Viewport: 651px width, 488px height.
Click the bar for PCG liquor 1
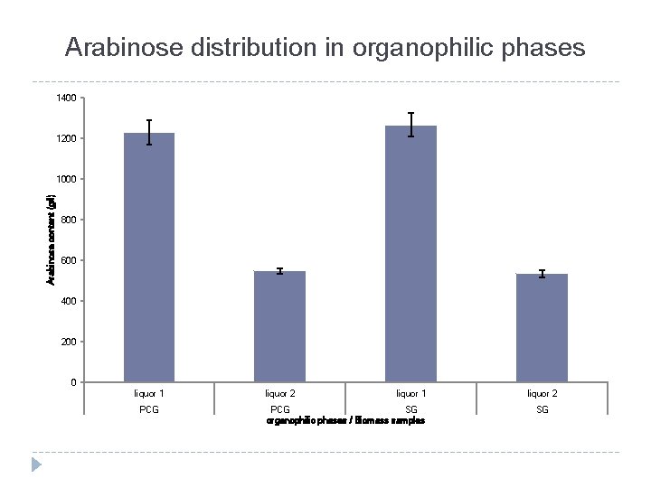pos(149,258)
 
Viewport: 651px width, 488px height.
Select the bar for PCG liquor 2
pos(279,326)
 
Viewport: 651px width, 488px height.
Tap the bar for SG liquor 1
pos(410,254)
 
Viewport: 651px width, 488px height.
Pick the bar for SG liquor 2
pos(542,328)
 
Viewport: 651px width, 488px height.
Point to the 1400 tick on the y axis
pos(68,98)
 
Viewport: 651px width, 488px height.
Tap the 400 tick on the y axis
pos(70,301)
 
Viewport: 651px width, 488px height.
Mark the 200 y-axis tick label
pos(70,342)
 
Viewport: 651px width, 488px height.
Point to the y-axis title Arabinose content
pos(52,240)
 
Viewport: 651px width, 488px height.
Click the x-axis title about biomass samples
pos(345,421)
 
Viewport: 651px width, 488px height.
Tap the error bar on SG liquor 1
pos(410,125)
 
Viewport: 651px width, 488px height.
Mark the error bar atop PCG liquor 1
pos(149,132)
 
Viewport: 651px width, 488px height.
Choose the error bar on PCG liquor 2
pos(279,271)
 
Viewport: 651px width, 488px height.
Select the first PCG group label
pos(149,409)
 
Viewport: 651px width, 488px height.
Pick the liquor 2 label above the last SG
pos(542,393)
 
